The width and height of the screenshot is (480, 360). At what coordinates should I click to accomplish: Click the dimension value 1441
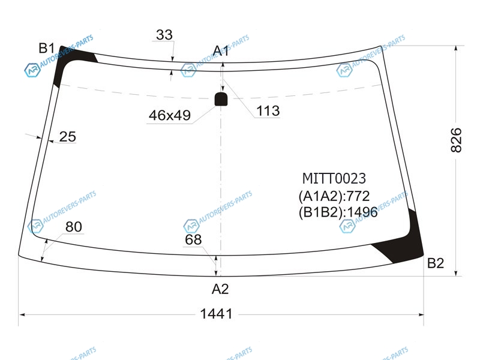[216, 314]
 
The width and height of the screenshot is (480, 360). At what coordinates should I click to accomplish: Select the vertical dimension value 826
[456, 140]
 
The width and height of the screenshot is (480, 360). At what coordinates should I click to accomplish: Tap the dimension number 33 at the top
[164, 35]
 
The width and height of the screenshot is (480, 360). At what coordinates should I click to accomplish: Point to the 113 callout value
[268, 111]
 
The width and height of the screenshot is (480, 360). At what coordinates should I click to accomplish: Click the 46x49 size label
[170, 115]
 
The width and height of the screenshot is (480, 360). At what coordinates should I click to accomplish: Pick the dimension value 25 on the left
[67, 137]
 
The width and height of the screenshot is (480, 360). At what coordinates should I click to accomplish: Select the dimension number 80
[74, 227]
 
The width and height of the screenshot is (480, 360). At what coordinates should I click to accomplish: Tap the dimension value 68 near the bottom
[193, 239]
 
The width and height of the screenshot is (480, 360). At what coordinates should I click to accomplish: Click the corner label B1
[47, 48]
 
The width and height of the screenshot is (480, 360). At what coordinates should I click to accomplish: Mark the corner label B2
[436, 263]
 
